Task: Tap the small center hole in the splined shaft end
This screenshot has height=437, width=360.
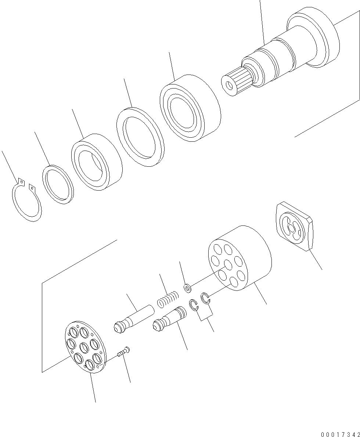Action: point(229,85)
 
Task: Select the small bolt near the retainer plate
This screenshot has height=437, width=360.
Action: point(123,351)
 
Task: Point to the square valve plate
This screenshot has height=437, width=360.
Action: point(294,226)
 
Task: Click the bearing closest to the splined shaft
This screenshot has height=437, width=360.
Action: point(190,108)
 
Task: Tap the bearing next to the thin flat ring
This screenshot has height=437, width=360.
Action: point(97,162)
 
